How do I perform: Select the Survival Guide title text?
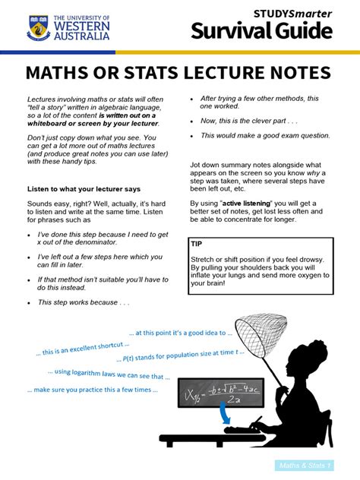(x=261, y=31)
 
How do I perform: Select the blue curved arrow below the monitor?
(x=226, y=415)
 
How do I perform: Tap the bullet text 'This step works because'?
(x=84, y=302)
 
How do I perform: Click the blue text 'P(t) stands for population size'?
(x=181, y=354)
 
